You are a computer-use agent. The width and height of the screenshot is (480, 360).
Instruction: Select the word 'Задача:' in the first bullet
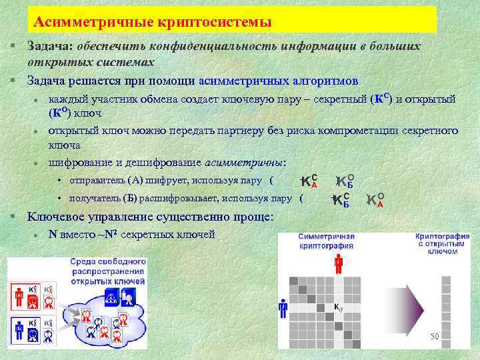(x=51, y=47)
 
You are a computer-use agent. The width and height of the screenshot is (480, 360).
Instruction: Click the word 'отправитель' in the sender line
(x=93, y=180)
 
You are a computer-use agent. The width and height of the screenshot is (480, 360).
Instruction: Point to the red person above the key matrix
(x=339, y=264)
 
